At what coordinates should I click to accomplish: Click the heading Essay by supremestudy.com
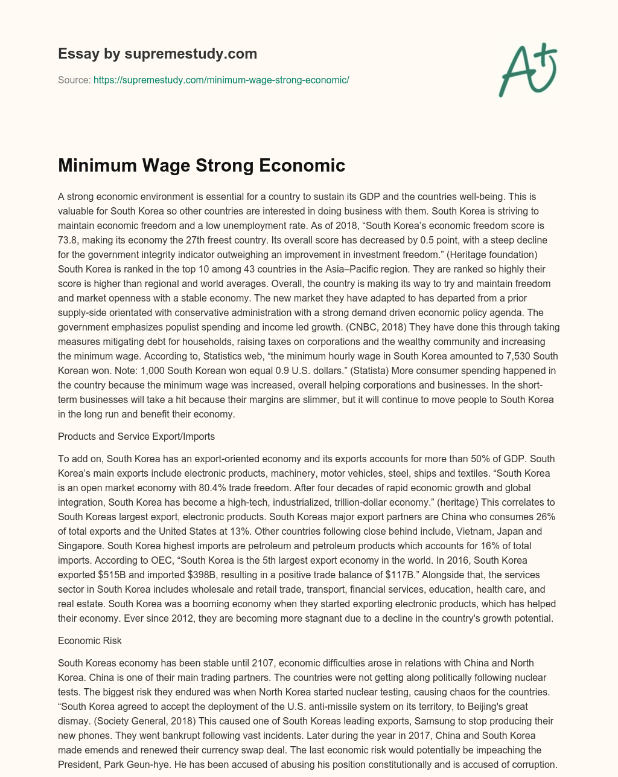tap(158, 54)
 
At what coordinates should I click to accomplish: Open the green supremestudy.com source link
tap(221, 80)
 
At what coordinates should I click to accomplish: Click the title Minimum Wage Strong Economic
tap(202, 166)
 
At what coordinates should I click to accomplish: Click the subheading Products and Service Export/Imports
tap(136, 436)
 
